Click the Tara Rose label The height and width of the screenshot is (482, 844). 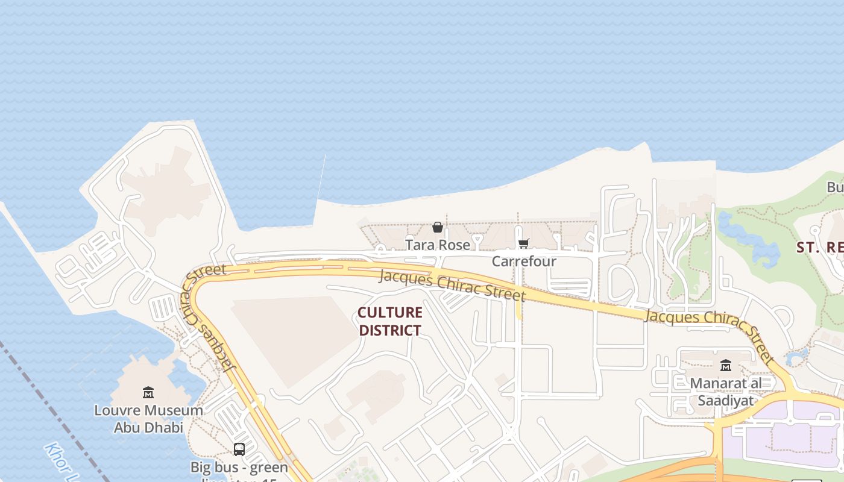[x=437, y=245]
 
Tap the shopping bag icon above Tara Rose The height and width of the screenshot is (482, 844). [x=438, y=227]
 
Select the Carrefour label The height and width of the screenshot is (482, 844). [x=524, y=261]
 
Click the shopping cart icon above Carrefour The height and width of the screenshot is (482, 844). [x=523, y=243]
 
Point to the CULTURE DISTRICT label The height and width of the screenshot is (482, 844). [x=389, y=321]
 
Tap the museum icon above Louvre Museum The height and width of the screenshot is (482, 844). [x=148, y=393]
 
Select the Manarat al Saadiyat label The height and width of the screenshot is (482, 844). [x=726, y=392]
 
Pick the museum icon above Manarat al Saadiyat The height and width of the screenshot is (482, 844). [x=726, y=365]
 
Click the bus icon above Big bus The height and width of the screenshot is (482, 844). [x=239, y=449]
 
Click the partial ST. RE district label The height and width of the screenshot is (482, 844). [x=820, y=248]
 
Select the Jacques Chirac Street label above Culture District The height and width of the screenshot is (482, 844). [x=452, y=286]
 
